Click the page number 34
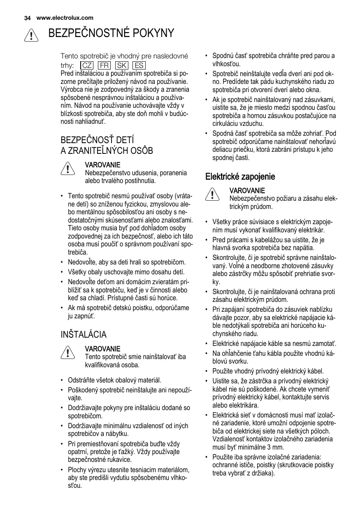pyautogui.click(x=28, y=18)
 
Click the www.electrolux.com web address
pyautogui.click(x=65, y=18)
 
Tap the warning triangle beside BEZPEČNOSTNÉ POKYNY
pyautogui.click(x=31, y=35)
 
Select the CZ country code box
pyautogui.click(x=87, y=66)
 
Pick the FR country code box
pyautogui.click(x=104, y=66)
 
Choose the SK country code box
pyautogui.click(x=122, y=66)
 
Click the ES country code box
pyautogui.click(x=139, y=66)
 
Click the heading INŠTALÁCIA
pyautogui.click(x=84, y=334)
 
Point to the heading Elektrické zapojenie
pyautogui.click(x=240, y=176)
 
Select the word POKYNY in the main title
pyautogui.click(x=153, y=33)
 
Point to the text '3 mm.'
pyautogui.click(x=264, y=447)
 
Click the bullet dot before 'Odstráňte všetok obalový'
pyautogui.click(x=61, y=380)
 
